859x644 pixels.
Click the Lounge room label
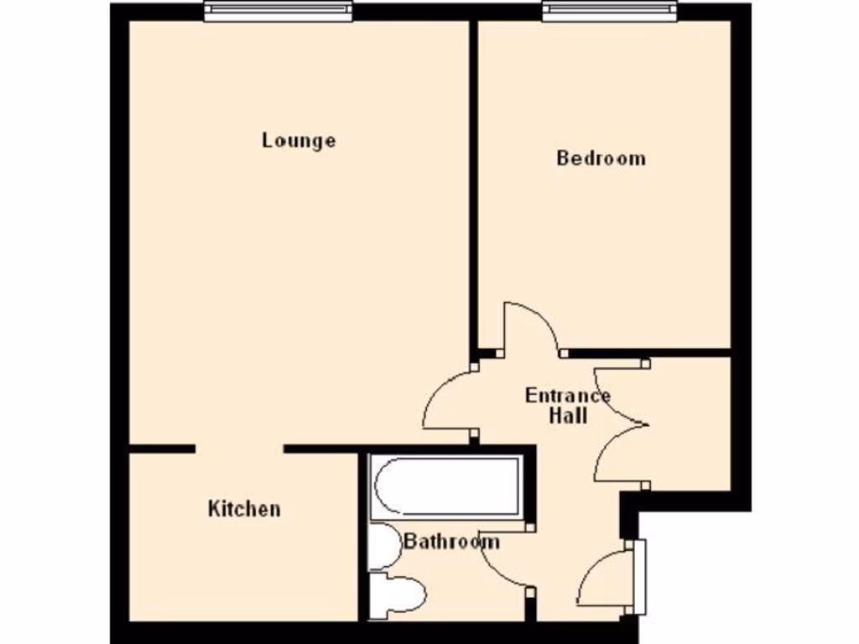pos(299,140)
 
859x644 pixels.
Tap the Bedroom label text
pos(601,158)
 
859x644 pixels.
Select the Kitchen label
pos(244,508)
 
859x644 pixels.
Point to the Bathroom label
pos(452,541)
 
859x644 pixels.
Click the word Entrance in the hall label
pos(568,395)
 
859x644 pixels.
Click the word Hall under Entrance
pos(568,415)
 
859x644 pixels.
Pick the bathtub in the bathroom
pos(446,486)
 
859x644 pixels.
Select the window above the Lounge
pos(279,10)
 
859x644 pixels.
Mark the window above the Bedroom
pos(609,10)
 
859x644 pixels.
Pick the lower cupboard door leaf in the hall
pos(617,457)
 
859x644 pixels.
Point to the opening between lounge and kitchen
pos(240,449)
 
